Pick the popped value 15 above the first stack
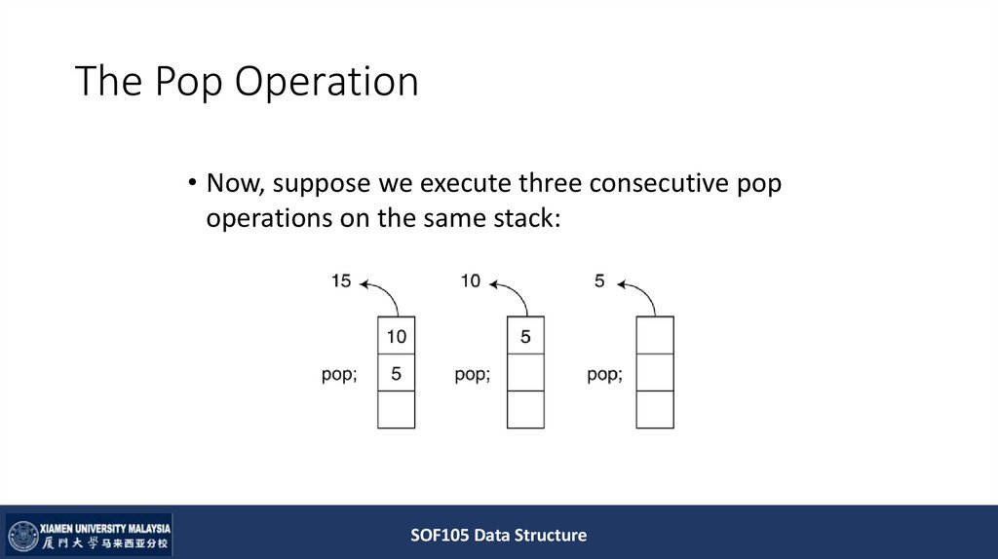[341, 281]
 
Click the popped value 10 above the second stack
[471, 281]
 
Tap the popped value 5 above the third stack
[599, 281]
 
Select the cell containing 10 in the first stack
[396, 336]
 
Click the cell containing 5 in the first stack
[396, 372]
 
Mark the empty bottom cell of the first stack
[396, 409]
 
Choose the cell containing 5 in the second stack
[525, 336]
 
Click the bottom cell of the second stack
[525, 409]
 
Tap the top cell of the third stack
[655, 336]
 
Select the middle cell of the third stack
[655, 372]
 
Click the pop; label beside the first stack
[338, 374]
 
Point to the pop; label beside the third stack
[605, 374]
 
